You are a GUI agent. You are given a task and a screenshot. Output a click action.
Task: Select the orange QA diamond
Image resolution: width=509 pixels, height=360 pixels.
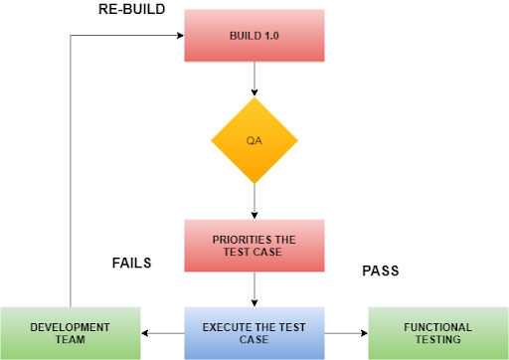pyautogui.click(x=254, y=140)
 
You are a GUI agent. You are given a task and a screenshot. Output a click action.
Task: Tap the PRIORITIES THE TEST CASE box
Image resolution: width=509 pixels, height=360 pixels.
pyautogui.click(x=255, y=245)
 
